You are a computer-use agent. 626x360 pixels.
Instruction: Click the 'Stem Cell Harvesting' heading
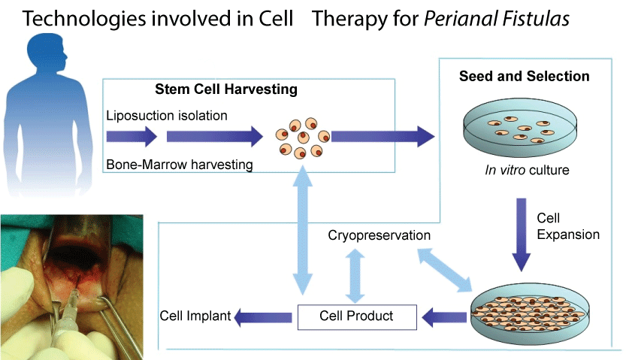click(x=226, y=89)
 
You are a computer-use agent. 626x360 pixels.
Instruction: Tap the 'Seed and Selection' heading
click(x=525, y=76)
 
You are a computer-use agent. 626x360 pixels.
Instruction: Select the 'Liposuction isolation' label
click(x=167, y=116)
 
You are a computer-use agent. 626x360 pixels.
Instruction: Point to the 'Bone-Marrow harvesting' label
click(x=180, y=165)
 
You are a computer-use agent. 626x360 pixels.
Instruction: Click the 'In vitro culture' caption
click(x=527, y=170)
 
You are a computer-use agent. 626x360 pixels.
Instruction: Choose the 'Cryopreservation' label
click(x=380, y=235)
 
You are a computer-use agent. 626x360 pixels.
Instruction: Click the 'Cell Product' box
click(x=357, y=317)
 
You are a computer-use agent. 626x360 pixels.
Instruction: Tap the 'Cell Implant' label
click(x=195, y=316)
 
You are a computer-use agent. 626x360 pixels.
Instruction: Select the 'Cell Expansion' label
click(x=568, y=226)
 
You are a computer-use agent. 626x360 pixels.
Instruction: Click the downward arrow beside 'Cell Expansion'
click(x=521, y=234)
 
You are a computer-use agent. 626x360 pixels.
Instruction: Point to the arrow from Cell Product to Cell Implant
click(x=264, y=318)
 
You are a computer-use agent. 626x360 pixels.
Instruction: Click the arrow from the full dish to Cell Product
click(x=444, y=318)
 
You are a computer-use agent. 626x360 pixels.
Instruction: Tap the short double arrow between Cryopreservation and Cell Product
click(x=355, y=276)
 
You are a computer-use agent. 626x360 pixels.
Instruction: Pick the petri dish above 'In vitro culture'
click(x=520, y=128)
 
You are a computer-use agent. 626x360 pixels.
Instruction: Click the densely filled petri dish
click(x=530, y=313)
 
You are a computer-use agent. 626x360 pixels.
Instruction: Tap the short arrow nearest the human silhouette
click(x=132, y=137)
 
